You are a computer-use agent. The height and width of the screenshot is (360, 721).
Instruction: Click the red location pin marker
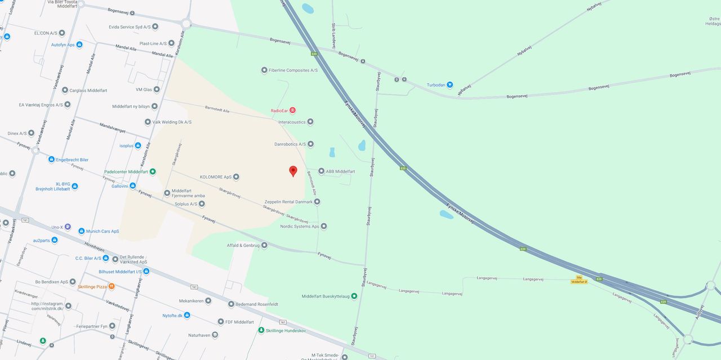[x=293, y=171]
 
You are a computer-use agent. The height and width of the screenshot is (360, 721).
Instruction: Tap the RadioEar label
[x=279, y=110]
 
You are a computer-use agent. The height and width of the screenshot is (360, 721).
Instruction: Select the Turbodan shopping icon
[x=449, y=85]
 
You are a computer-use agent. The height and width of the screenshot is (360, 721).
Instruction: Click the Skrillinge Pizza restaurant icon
[x=112, y=287]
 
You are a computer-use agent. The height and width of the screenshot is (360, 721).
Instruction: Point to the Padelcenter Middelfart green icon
[x=152, y=171]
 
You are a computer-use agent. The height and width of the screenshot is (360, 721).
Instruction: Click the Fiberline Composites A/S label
[x=293, y=70]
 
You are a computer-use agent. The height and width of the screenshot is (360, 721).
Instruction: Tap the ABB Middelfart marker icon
[x=321, y=171]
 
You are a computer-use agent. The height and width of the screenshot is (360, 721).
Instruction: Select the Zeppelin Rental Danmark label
[x=288, y=202]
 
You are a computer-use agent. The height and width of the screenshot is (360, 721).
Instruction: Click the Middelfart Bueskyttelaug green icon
[x=354, y=296]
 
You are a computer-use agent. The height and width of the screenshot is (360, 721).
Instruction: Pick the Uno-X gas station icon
[x=68, y=227]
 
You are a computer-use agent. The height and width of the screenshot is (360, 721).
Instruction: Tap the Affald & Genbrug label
[x=243, y=245]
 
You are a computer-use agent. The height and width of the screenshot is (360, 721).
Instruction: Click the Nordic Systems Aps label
[x=299, y=226]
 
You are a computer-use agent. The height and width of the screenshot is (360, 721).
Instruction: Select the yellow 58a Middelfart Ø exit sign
[x=578, y=279]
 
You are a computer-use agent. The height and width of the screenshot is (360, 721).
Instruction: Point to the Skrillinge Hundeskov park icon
[x=261, y=330]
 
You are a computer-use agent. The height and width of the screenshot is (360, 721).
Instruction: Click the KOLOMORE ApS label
[x=215, y=177]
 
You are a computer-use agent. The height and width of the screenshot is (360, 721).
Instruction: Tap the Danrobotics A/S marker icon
[x=310, y=144]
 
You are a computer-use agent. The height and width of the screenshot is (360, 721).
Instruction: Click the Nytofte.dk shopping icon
[x=187, y=315]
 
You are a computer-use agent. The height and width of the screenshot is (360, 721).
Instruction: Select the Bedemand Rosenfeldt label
[x=257, y=304]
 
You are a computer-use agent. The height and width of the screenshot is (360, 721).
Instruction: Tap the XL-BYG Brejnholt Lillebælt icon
[x=74, y=186]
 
